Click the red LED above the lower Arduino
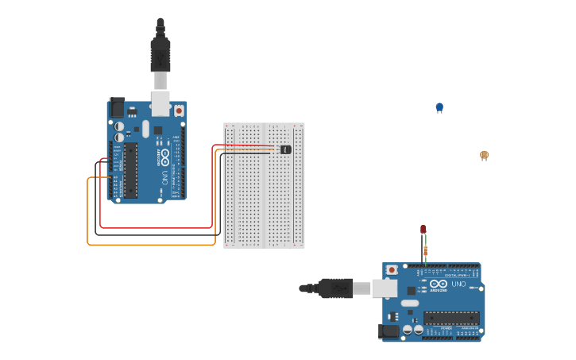click(x=423, y=230)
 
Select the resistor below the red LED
click(x=425, y=251)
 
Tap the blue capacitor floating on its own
click(x=439, y=107)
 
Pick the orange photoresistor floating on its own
click(x=484, y=155)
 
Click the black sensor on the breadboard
click(x=286, y=149)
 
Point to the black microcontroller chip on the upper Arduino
click(x=130, y=169)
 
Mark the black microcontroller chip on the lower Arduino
click(x=450, y=318)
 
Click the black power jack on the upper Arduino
click(x=117, y=107)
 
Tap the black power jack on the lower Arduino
click(x=391, y=331)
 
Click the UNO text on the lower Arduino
click(x=458, y=284)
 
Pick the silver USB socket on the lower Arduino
click(x=385, y=288)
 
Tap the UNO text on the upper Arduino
click(x=164, y=176)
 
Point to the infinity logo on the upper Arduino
click(x=164, y=155)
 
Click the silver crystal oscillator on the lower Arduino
click(x=409, y=303)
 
